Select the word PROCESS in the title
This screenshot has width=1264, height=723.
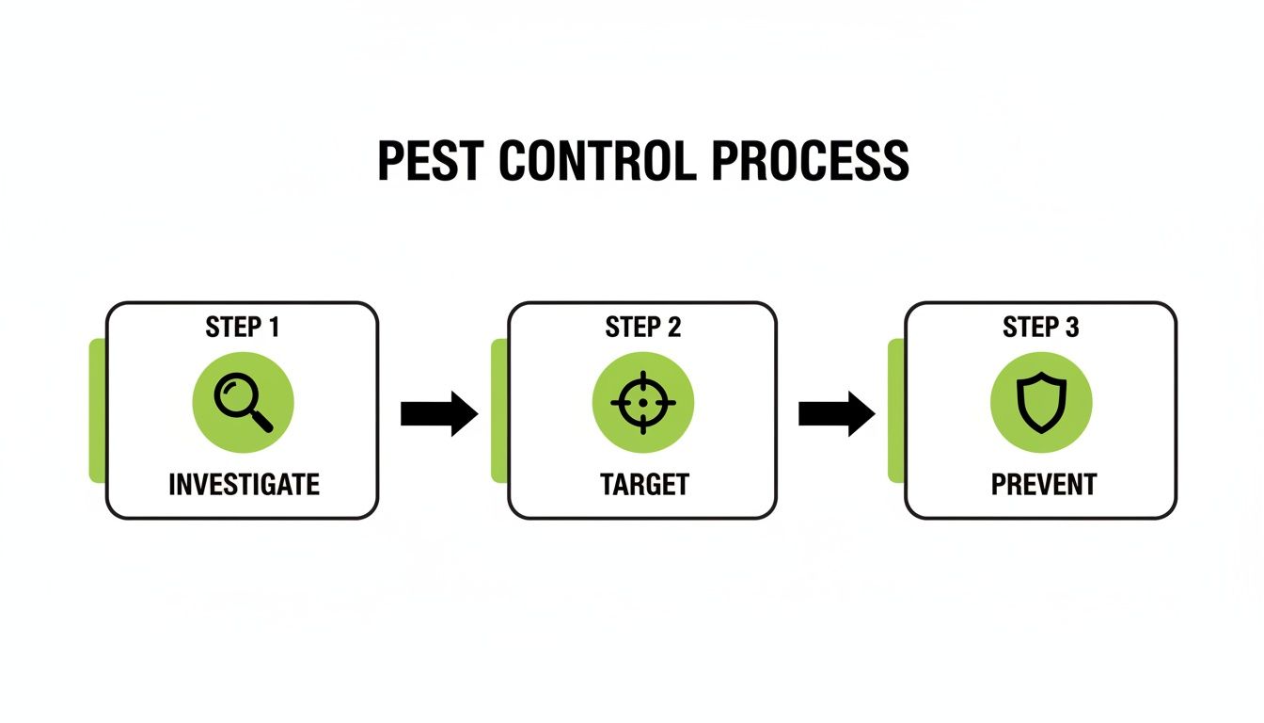[x=810, y=161]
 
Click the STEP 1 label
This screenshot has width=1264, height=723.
[x=243, y=328]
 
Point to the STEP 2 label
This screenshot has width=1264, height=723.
[x=643, y=328]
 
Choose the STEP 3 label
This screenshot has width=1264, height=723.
[x=1041, y=328]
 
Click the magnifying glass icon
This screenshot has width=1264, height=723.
[x=243, y=403]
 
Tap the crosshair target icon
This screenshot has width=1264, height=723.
[x=643, y=403]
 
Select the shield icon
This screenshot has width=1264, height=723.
[x=1041, y=403]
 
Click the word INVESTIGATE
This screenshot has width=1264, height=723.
[x=244, y=485]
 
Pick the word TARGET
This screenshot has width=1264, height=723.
[x=644, y=485]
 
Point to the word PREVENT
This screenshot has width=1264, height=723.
[x=1044, y=485]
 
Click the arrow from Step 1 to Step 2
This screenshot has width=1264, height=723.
[x=439, y=413]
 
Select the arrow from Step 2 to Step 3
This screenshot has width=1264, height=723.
[x=837, y=413]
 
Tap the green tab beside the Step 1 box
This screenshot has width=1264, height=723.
[x=97, y=411]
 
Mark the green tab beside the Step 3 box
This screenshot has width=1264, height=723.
[x=896, y=411]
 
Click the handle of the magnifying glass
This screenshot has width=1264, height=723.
[x=261, y=420]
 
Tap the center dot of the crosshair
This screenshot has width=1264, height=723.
[x=643, y=403]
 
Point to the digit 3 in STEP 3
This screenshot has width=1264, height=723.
[x=1072, y=328]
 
